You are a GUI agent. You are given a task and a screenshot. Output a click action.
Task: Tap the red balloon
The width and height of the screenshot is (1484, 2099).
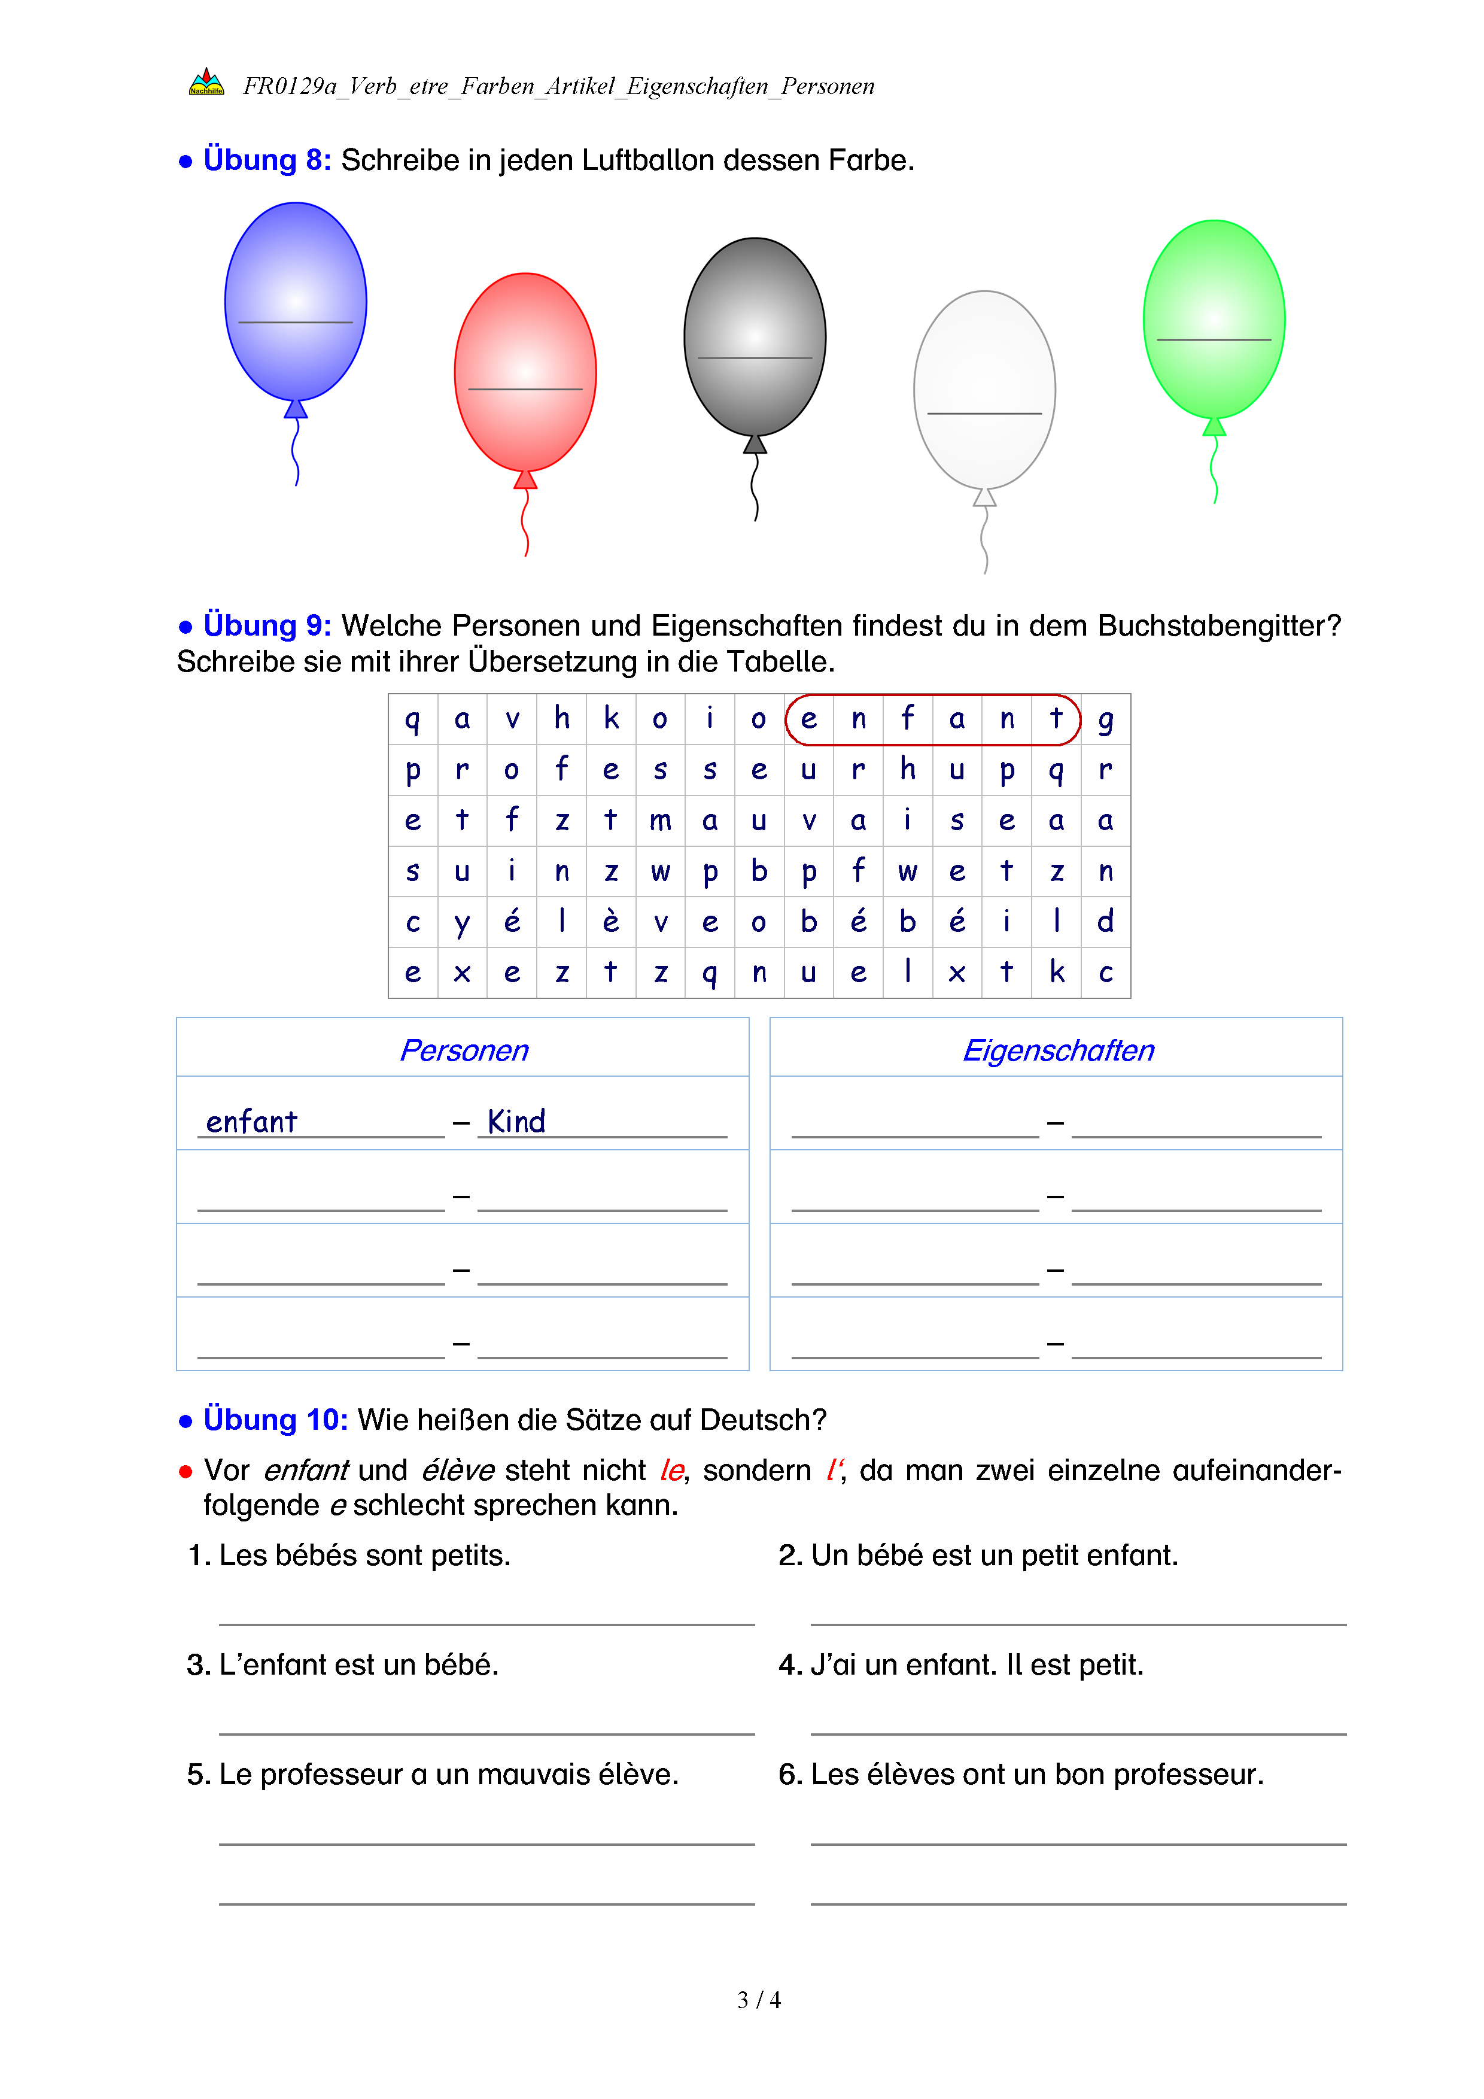click(525, 372)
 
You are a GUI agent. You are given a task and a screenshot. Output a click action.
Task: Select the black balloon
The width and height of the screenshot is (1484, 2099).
click(755, 336)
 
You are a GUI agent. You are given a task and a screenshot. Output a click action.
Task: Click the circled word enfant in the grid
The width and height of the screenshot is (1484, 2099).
click(932, 719)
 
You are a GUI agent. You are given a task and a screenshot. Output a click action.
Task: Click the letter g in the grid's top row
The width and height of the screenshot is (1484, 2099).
click(1106, 719)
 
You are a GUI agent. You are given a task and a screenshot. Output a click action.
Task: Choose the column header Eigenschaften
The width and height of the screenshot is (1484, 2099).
click(1057, 1050)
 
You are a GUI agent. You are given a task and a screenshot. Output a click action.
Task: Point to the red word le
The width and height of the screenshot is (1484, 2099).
click(671, 1470)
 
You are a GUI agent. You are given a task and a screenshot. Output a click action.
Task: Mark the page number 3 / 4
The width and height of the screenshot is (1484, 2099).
click(758, 2000)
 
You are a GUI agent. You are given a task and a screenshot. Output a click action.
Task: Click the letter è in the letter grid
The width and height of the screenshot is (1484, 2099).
click(610, 922)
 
